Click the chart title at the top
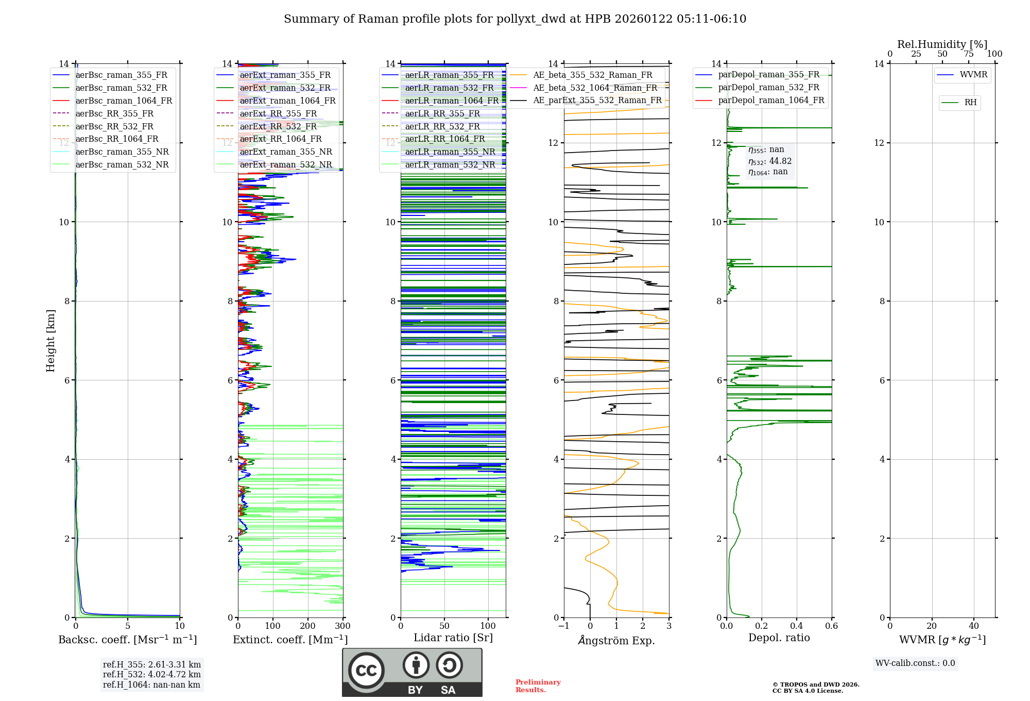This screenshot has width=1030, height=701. coord(515,19)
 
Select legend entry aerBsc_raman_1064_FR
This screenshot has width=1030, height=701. coord(124,101)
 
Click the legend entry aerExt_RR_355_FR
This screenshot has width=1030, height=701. coord(278,113)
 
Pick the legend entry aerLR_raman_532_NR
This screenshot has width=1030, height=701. coord(450,164)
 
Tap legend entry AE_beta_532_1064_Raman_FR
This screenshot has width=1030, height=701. coord(595,88)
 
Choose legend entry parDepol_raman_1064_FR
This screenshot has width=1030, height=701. coord(771,100)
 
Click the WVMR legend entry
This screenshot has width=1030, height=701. coord(973,75)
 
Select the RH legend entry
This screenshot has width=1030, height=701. coord(970,103)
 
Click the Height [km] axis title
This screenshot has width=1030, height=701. coord(50,341)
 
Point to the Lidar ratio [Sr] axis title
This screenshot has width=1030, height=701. coord(453,638)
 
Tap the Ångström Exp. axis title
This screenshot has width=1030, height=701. coord(616,640)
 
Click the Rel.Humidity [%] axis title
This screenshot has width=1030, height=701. coord(942,44)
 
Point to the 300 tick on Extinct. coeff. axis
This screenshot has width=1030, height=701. coord(342,626)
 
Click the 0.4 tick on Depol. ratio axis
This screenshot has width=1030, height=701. coord(797,626)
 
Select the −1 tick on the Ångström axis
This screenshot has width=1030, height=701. coord(564,626)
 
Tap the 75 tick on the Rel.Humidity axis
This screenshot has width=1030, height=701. coord(968,54)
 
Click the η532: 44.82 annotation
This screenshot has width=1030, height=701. coord(770,161)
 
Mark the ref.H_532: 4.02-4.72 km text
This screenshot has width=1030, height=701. coord(152,674)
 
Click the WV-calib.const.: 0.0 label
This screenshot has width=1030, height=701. coord(915,663)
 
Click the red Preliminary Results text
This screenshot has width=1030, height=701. coord(538,686)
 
